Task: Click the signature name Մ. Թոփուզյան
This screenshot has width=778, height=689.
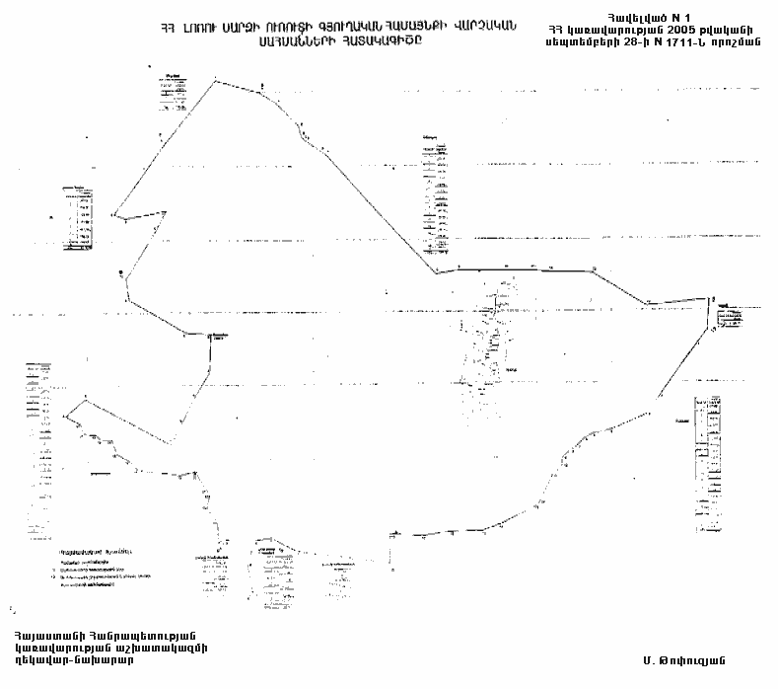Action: point(686,656)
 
